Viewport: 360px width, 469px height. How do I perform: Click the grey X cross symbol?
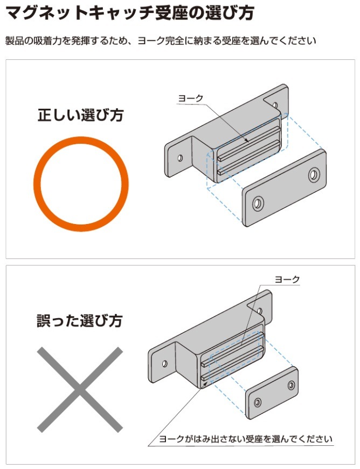80,389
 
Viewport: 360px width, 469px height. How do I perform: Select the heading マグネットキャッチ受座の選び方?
130,13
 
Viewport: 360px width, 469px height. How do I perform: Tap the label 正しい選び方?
80,115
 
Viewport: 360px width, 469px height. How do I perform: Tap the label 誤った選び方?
80,320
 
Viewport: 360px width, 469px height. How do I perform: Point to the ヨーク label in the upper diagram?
191,98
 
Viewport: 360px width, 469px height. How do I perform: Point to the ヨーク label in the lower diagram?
287,279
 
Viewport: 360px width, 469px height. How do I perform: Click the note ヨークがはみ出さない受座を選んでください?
246,439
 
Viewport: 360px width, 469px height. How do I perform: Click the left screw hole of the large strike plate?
258,204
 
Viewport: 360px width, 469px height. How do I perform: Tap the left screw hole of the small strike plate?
258,402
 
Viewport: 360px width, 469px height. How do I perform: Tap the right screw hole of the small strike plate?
291,385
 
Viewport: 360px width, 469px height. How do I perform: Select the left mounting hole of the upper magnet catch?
180,158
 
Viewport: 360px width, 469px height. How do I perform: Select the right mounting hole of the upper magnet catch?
275,106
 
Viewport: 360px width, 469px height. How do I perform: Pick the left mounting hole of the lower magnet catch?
164,363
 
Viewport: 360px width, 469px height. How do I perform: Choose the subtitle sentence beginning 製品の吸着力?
161,40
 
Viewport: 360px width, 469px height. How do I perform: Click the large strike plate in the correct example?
285,188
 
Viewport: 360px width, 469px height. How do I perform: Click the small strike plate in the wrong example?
272,393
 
